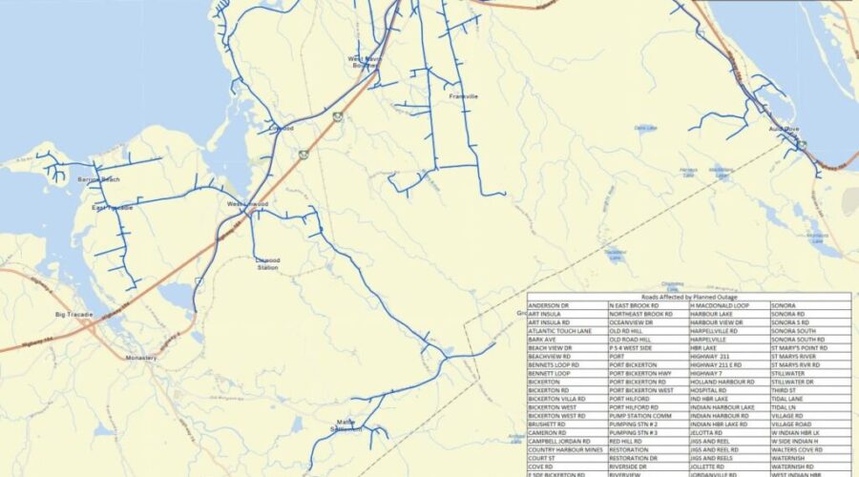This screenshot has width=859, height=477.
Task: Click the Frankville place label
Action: pyautogui.click(x=463, y=96)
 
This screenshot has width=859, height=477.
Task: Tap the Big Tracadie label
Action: pyautogui.click(x=74, y=314)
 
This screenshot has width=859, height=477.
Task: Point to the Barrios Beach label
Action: pyautogui.click(x=99, y=179)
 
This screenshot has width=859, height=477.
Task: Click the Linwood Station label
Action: pyautogui.click(x=267, y=263)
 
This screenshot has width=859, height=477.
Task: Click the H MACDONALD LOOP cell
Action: pyautogui.click(x=719, y=305)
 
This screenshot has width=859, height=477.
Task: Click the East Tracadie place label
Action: pyautogui.click(x=113, y=207)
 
